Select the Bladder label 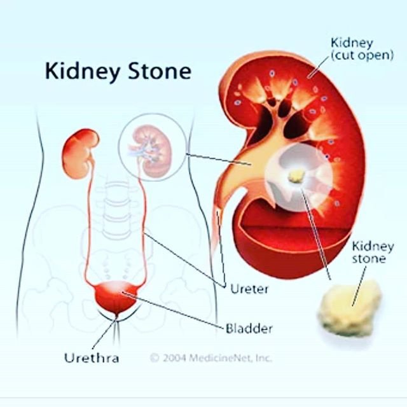tap(249, 329)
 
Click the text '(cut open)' tap(362, 55)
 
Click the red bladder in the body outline tap(115, 296)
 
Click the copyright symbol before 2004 tap(154, 358)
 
